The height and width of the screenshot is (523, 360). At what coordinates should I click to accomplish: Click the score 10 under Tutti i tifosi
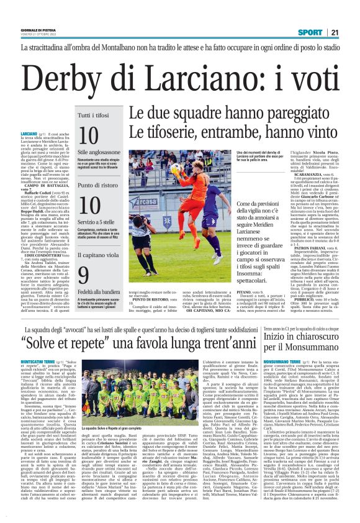pos(89,136)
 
